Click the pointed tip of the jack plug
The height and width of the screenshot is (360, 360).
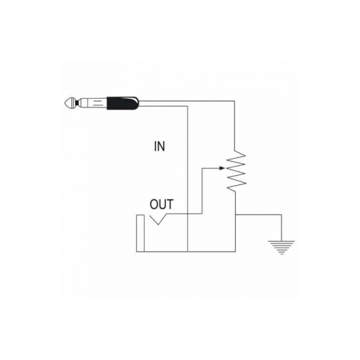(65, 103)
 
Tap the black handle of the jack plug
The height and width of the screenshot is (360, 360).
(122, 103)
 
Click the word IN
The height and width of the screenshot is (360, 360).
(159, 146)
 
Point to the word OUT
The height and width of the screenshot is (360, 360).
(161, 204)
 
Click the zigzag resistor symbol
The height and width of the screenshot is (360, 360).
(236, 171)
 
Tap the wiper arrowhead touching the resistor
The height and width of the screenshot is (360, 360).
(222, 168)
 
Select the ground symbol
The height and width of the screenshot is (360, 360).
(281, 247)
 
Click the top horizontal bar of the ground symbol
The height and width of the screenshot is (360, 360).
(281, 241)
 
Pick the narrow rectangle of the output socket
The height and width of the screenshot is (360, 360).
(140, 233)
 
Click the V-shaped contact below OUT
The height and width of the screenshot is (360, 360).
(158, 219)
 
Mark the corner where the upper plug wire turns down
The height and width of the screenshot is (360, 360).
(234, 101)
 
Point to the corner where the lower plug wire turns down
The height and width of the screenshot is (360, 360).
(188, 106)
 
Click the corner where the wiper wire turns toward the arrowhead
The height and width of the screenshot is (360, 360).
(202, 168)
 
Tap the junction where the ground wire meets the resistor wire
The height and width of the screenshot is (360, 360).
(235, 214)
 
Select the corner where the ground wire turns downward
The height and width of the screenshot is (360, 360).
(281, 214)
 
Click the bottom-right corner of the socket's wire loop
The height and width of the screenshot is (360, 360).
(235, 251)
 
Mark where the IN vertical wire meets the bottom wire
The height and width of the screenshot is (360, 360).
(188, 251)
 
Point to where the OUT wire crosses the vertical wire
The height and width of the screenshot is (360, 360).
(188, 214)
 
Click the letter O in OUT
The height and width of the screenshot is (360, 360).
(154, 204)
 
